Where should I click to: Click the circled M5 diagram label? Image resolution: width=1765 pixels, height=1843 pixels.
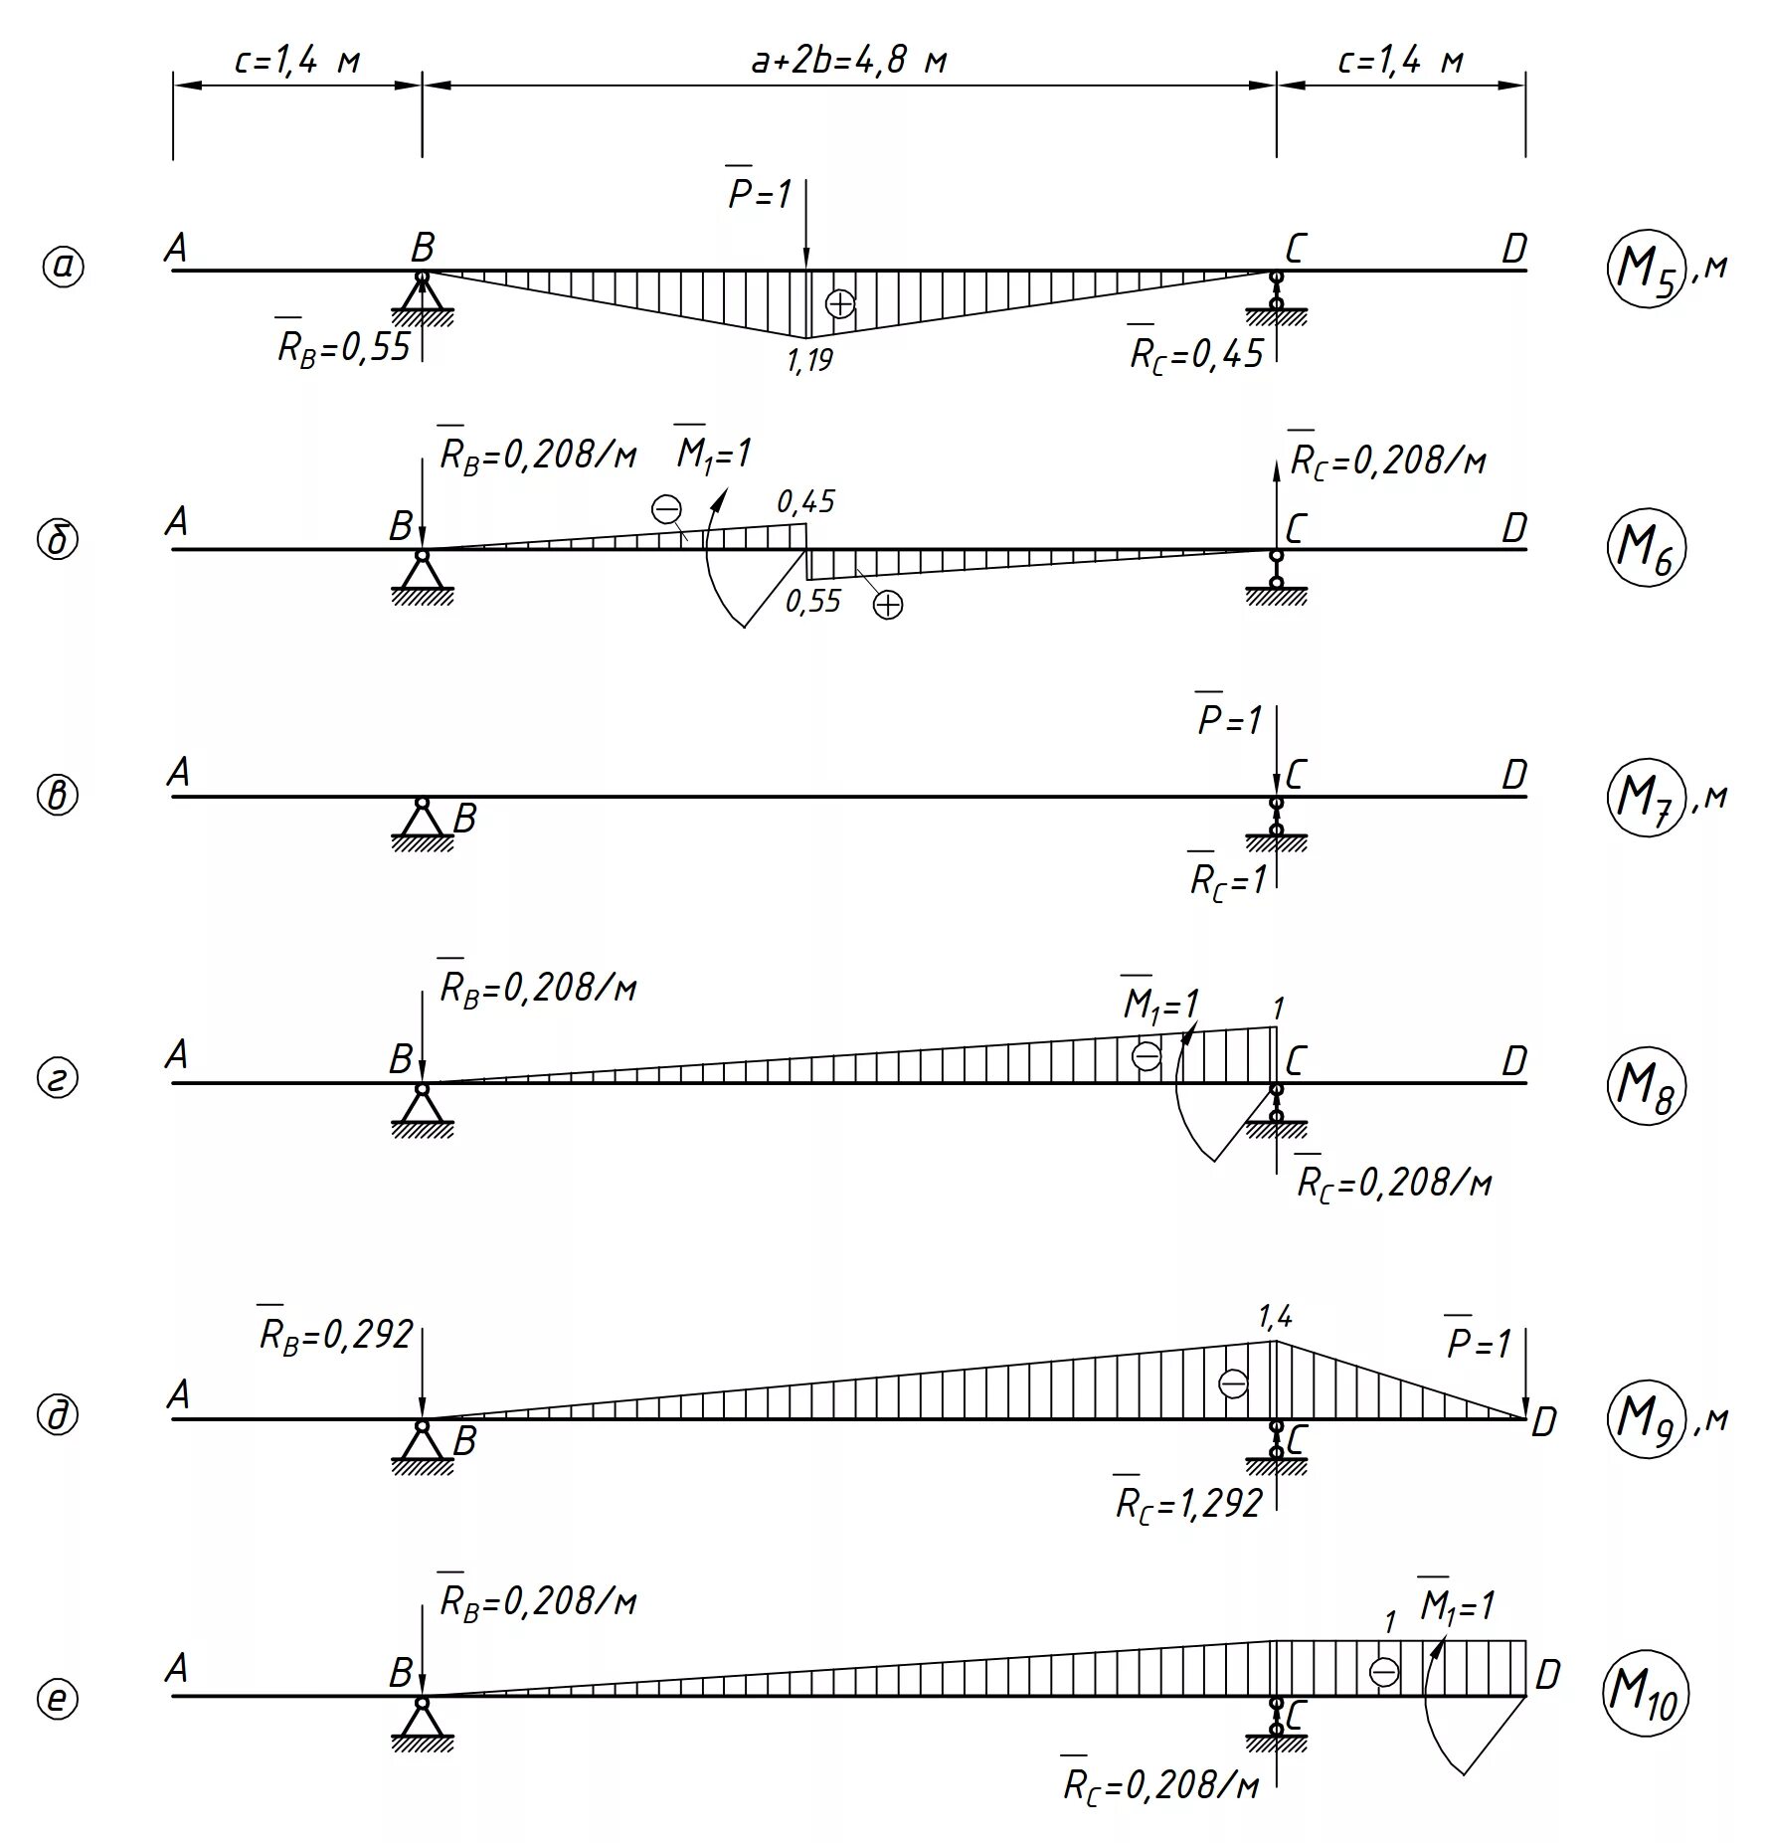pyautogui.click(x=1645, y=271)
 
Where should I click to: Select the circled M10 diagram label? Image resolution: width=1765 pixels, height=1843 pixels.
pyautogui.click(x=1642, y=1700)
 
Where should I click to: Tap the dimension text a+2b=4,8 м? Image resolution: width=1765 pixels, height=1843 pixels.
pyautogui.click(x=848, y=62)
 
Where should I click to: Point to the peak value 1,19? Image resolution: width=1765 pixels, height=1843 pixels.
pyautogui.click(x=809, y=360)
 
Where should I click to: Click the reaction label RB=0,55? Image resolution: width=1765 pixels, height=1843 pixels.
pyautogui.click(x=343, y=347)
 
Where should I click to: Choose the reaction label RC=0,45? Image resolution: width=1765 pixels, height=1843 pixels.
pyautogui.click(x=1195, y=353)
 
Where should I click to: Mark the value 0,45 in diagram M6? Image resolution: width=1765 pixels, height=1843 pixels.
pyautogui.click(x=805, y=502)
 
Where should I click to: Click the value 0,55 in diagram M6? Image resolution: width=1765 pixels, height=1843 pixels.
pyautogui.click(x=812, y=601)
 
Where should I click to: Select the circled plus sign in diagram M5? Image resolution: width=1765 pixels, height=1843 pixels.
pyautogui.click(x=840, y=303)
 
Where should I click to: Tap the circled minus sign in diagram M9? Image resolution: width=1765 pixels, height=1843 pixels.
pyautogui.click(x=1233, y=1382)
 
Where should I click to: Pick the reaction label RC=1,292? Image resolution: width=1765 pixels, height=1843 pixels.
pyautogui.click(x=1188, y=1503)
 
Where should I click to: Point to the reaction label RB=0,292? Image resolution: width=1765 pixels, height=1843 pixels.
pyautogui.click(x=335, y=1334)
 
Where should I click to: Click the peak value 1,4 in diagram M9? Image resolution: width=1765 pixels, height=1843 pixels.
pyautogui.click(x=1275, y=1318)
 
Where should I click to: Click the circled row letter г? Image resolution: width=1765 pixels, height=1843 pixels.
pyautogui.click(x=58, y=1079)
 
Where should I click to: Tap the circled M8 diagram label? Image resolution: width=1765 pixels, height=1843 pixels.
pyautogui.click(x=1645, y=1085)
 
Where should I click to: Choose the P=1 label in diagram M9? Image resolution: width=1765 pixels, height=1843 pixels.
pyautogui.click(x=1478, y=1344)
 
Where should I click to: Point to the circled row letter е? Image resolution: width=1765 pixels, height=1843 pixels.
pyautogui.click(x=58, y=1699)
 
